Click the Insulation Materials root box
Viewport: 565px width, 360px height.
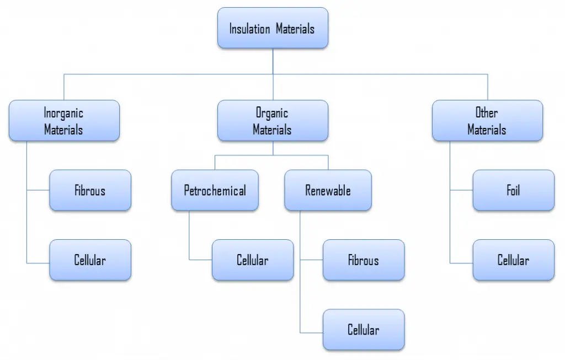(x=273, y=28)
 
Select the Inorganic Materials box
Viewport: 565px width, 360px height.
(x=64, y=121)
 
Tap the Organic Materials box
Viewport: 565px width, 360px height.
(x=273, y=121)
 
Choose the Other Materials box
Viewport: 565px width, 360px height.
(x=488, y=121)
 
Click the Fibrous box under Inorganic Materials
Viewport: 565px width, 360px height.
(x=90, y=190)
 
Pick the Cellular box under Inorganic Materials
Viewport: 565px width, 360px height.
(x=90, y=260)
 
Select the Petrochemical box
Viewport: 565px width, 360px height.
(x=215, y=190)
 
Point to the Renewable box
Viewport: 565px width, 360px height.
(x=328, y=190)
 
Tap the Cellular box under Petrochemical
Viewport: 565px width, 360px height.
(x=253, y=260)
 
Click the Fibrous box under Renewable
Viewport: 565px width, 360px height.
(x=364, y=260)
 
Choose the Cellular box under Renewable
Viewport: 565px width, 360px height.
(x=364, y=329)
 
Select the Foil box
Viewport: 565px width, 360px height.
(x=514, y=190)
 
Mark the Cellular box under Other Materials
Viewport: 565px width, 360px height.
(x=514, y=260)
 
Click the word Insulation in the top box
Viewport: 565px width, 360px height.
(x=250, y=29)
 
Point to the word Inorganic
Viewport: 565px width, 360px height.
(x=63, y=113)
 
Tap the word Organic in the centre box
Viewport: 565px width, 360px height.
(x=272, y=113)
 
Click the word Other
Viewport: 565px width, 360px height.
(x=487, y=112)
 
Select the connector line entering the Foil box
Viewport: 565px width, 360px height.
(x=462, y=190)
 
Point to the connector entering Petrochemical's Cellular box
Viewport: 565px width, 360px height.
(x=201, y=260)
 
